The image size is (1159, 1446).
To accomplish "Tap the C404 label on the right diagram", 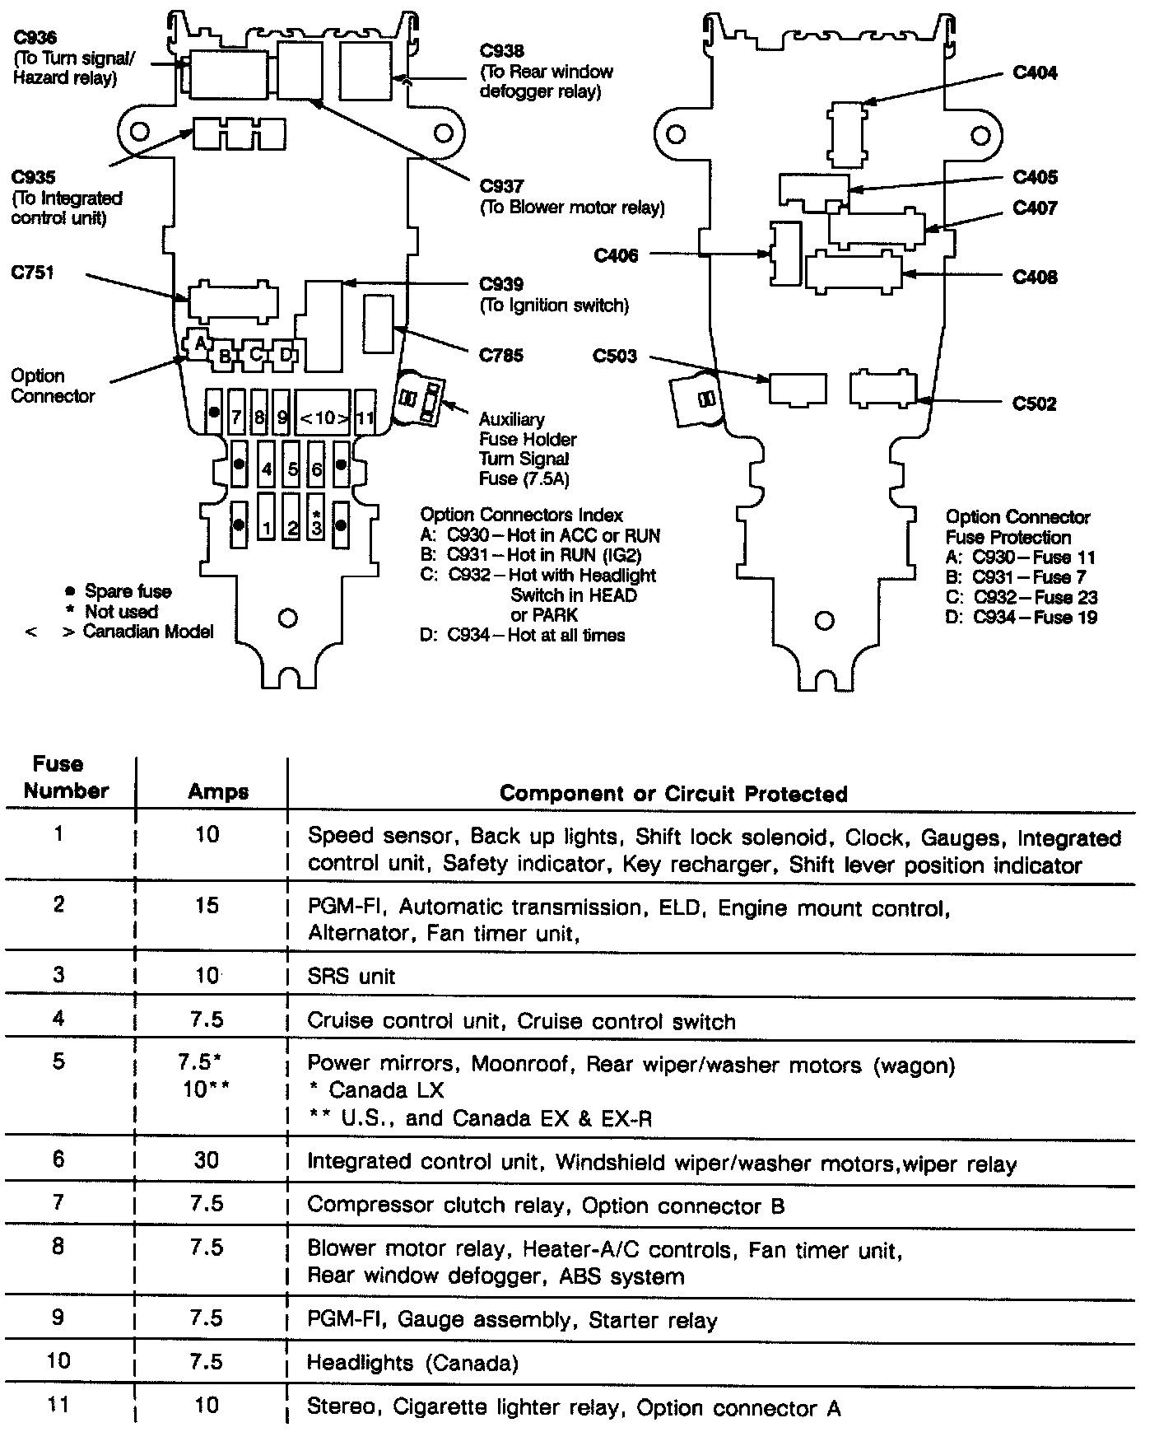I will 1035,72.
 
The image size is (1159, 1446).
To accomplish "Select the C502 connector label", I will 1035,403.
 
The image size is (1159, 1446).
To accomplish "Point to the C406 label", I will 616,256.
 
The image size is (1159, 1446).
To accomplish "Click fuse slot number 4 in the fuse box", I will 267,470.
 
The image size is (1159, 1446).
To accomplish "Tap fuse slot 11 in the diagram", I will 365,417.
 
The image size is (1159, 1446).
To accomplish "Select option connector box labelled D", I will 286,355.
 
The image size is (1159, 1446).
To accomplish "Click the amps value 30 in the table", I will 207,1160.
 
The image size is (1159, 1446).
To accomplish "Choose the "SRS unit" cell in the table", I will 351,977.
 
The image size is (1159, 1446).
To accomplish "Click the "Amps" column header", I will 218,792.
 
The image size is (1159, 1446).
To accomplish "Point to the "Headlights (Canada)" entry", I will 412,1363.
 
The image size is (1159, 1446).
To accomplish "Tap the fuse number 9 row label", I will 58,1318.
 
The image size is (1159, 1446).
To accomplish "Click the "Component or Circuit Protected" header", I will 673,794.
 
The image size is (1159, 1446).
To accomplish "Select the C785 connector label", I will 501,356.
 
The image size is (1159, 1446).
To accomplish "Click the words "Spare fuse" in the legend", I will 128,591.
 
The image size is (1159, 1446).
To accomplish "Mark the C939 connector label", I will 501,285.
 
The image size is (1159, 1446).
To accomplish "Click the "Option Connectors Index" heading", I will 521,515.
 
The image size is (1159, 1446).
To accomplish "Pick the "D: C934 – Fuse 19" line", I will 1021,618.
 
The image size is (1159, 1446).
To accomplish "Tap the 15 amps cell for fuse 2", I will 207,906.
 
